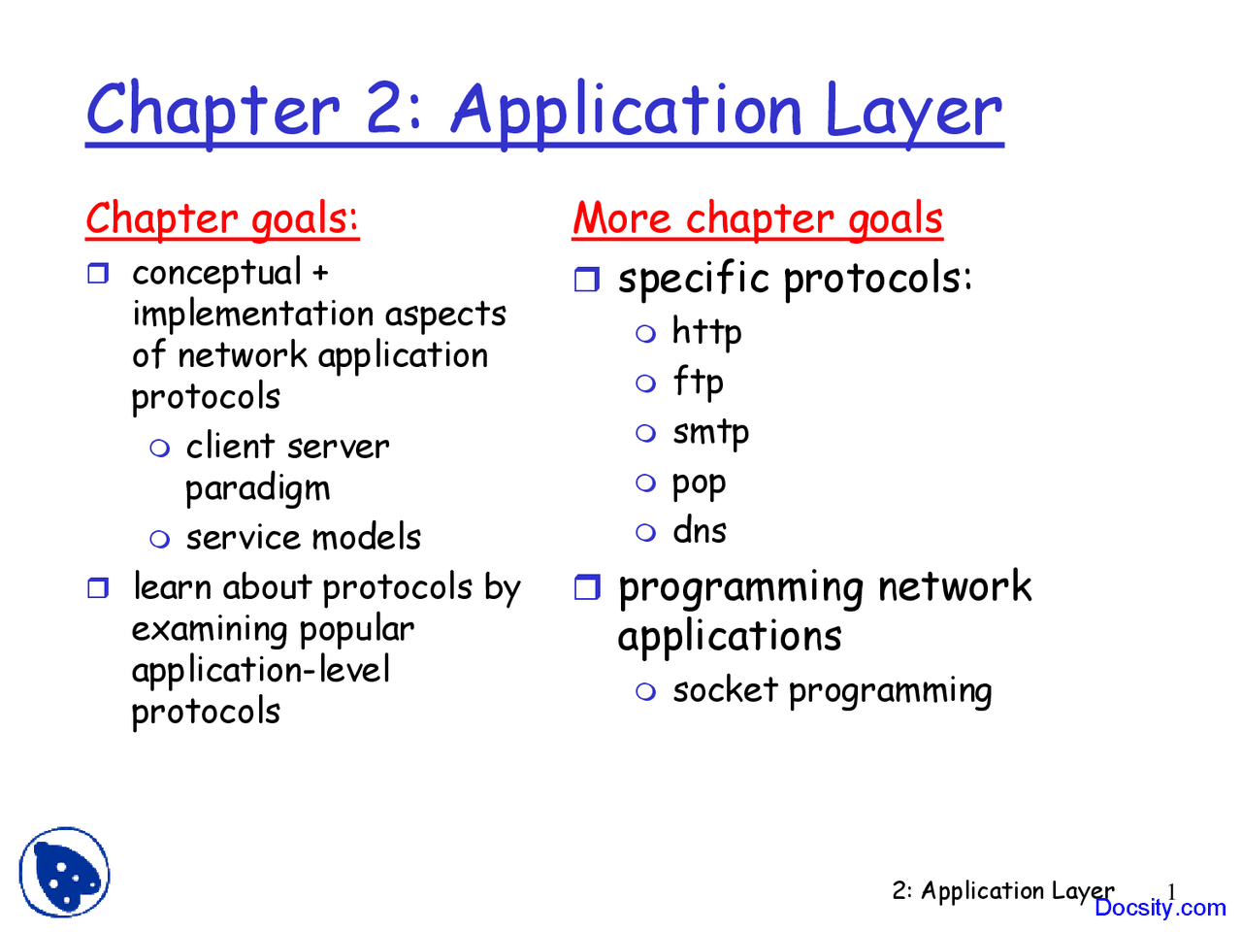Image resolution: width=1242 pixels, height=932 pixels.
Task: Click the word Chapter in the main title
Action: point(212,110)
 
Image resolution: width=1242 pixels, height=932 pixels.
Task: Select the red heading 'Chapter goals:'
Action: point(222,219)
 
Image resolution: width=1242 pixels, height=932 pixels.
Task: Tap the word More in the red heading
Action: point(621,218)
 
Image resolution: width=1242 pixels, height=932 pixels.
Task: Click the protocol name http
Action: point(706,333)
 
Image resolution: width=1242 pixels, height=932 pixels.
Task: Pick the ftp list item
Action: point(698,382)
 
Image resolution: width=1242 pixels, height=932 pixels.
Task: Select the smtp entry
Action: point(710,432)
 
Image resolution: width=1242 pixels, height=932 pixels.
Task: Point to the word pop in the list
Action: point(699,483)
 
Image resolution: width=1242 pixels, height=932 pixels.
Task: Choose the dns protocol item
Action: point(699,531)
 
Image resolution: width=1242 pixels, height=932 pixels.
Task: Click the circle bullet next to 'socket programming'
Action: point(646,691)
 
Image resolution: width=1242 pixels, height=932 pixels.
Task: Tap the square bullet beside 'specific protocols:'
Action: point(587,281)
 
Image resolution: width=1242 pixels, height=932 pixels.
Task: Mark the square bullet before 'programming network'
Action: point(587,587)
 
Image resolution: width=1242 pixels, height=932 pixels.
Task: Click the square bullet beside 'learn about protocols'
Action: point(98,588)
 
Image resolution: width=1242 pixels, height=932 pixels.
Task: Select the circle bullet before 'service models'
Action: point(160,539)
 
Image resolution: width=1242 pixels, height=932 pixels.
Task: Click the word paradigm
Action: point(257,488)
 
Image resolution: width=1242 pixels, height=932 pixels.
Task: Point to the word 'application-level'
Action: point(261,670)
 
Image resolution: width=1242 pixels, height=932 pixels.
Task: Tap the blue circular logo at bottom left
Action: point(64,872)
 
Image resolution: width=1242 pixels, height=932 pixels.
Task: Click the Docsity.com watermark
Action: point(1160,908)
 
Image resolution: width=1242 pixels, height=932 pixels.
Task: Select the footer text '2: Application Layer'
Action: point(1002,890)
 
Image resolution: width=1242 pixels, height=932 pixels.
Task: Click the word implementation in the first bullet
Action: point(252,315)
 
